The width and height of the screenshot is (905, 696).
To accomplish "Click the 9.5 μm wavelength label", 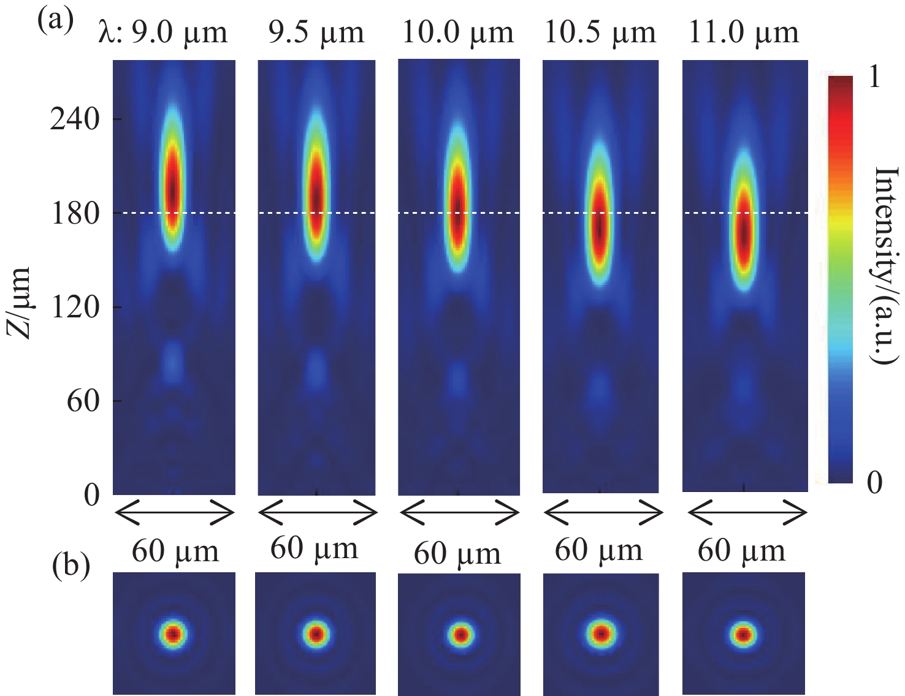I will (316, 32).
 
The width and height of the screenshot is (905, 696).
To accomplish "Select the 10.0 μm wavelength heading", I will (457, 32).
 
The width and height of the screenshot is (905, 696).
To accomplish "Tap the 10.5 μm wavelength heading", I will (600, 32).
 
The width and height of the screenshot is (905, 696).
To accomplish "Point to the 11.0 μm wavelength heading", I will (743, 32).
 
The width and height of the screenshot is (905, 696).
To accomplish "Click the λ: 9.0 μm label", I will (163, 32).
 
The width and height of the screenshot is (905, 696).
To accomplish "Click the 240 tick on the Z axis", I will (75, 119).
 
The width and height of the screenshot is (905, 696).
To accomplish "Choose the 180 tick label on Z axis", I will (75, 213).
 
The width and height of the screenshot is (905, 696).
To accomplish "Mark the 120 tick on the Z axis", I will (75, 308).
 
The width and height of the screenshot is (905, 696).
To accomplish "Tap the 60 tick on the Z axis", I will (83, 401).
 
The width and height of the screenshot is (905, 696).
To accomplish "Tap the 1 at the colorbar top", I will (875, 77).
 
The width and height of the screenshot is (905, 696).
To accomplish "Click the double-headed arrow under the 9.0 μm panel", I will (175, 512).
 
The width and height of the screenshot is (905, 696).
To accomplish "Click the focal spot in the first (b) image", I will (174, 634).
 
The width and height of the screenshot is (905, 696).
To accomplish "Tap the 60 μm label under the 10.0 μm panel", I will (457, 554).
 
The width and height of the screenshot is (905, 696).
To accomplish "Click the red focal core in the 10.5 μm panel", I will (600, 227).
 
